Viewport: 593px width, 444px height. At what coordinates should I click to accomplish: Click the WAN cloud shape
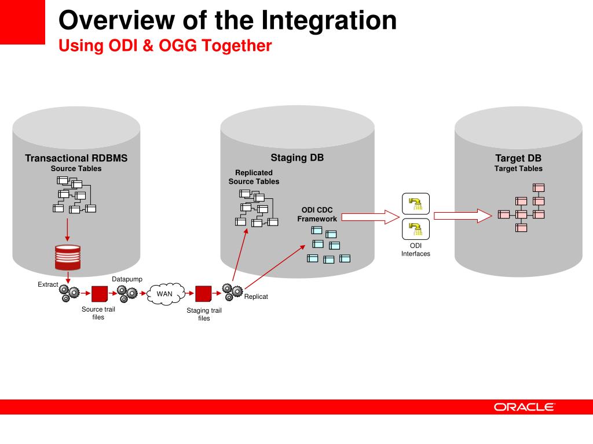tap(164, 294)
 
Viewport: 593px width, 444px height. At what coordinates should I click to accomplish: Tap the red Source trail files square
tap(100, 294)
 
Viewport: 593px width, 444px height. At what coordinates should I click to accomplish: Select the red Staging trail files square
tap(203, 294)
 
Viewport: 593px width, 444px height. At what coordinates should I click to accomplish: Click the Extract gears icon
tap(69, 292)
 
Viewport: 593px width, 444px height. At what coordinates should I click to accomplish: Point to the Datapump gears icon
tap(127, 293)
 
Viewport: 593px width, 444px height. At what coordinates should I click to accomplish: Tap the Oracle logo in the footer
tap(524, 407)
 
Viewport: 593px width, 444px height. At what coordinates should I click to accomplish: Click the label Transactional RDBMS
tap(76, 158)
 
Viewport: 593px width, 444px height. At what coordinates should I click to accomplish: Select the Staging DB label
tap(297, 158)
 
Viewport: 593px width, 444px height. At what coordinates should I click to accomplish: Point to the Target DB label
tap(518, 158)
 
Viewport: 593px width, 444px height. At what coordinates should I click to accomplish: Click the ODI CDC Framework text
tap(317, 214)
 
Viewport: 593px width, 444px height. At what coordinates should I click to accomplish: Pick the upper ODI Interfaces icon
tap(415, 203)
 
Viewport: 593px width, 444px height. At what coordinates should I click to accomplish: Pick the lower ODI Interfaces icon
tap(415, 228)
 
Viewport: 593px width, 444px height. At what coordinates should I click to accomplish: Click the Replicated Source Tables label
tap(254, 177)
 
